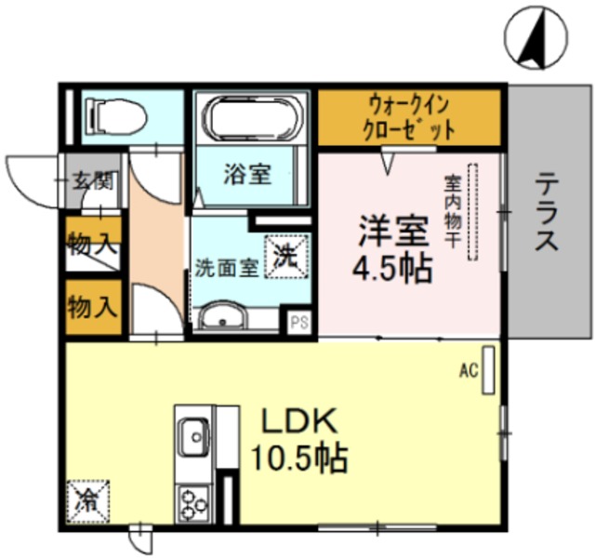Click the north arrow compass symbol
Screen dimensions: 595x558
pos(535,37)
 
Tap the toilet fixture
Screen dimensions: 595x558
pos(115,116)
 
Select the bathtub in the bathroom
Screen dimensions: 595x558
pos(254,119)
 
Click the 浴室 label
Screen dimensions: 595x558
pos(247,174)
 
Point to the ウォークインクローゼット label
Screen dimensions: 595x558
pos(409,118)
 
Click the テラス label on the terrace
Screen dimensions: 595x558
pos(547,211)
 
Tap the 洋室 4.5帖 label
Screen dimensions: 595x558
pos(393,249)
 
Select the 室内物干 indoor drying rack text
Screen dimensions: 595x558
pos(453,210)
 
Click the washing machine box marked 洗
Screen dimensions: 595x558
pos(286,257)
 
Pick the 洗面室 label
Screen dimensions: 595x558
pos(227,268)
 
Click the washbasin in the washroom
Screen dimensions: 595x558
pos(223,317)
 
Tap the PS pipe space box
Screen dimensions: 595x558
pos(299,323)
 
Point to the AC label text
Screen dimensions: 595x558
pos(469,370)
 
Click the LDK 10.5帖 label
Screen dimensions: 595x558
pos(299,439)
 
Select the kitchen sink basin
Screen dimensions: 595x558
pos(195,437)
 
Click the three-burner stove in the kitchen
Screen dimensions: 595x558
pos(194,504)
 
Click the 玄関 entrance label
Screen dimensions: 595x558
pos(93,180)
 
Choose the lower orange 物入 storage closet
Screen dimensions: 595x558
pos(93,307)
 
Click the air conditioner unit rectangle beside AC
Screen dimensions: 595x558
pos(488,370)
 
